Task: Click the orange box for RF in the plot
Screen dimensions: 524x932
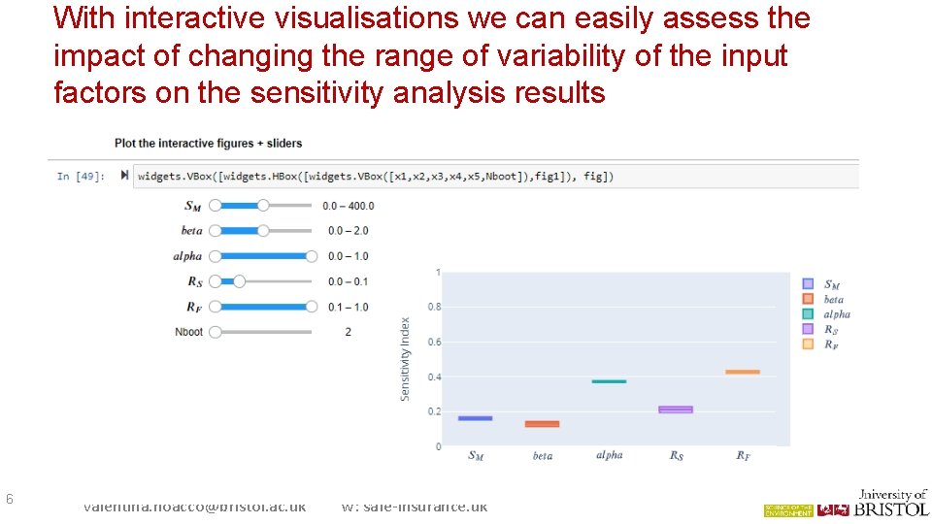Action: tap(742, 372)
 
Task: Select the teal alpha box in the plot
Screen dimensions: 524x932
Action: tap(609, 381)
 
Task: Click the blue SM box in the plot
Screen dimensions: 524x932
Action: tap(475, 418)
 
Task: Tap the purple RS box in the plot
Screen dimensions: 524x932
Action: tap(676, 409)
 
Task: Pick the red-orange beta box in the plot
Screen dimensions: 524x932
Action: tap(542, 424)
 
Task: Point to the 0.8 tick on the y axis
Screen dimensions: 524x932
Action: tap(434, 307)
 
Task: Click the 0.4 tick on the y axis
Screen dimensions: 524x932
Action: tap(434, 377)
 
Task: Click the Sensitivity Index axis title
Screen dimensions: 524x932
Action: tap(406, 359)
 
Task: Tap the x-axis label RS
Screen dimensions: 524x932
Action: tap(676, 455)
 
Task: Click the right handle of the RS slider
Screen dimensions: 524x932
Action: tap(239, 281)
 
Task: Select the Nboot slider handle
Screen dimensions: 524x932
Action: tap(215, 332)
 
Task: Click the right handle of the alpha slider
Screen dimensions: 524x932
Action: tap(311, 256)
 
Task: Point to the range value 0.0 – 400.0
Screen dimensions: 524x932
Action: tap(349, 206)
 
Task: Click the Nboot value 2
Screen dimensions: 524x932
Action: tap(348, 332)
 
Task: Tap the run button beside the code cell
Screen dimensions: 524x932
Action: tap(124, 176)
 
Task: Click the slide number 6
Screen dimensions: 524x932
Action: tap(9, 499)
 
